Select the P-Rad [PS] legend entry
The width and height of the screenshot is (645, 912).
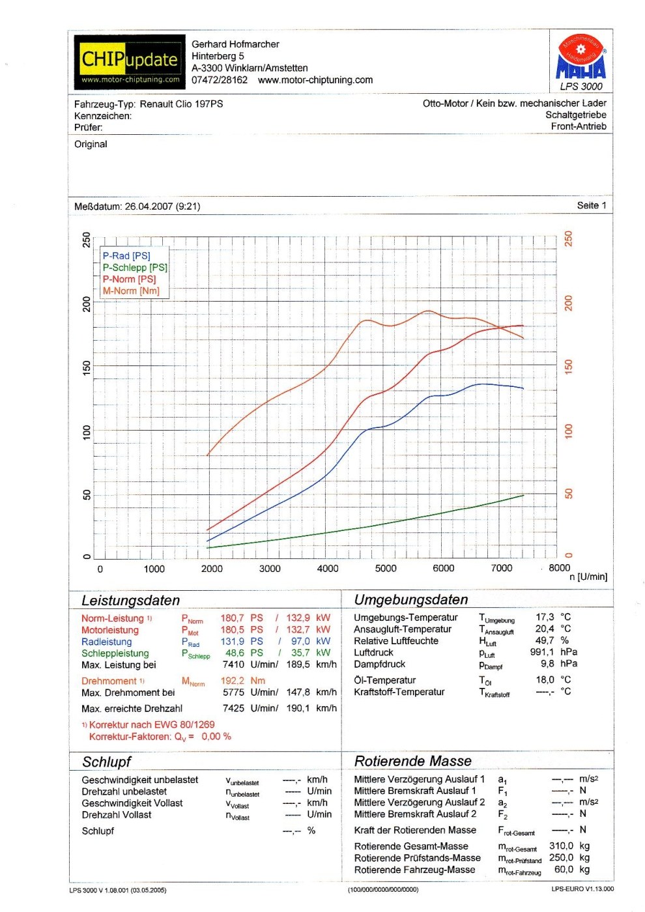click(x=126, y=256)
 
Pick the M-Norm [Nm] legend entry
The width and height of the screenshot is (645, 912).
click(x=131, y=291)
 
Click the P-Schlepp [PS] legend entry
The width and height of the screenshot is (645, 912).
click(x=135, y=268)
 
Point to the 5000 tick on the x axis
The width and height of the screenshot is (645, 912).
click(x=386, y=569)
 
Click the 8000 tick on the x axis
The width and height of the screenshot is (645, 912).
click(x=559, y=568)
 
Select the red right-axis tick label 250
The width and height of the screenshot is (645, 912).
click(x=568, y=238)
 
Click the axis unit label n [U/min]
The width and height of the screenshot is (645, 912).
click(x=588, y=577)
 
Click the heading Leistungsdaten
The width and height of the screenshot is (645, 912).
click(x=130, y=601)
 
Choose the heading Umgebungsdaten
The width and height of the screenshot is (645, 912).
click(x=411, y=600)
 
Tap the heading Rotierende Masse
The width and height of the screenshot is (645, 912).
click(x=413, y=762)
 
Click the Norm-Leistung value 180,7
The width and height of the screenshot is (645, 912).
click(x=233, y=618)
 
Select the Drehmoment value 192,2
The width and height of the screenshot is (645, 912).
click(x=233, y=681)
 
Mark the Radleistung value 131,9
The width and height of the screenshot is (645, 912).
click(x=233, y=642)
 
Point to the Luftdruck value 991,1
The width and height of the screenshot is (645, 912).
click(x=542, y=652)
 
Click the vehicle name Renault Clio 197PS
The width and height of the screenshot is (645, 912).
click(x=181, y=104)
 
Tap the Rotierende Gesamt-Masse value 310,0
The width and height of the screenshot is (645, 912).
click(x=561, y=846)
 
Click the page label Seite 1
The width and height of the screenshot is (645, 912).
click(x=592, y=206)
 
